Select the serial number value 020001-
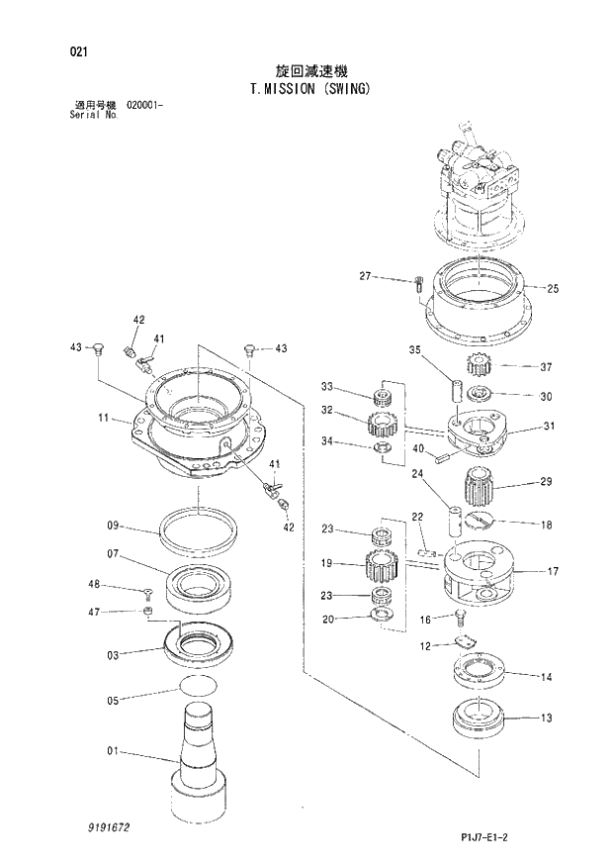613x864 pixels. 145,105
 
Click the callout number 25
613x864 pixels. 553,289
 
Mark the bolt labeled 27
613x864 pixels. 417,283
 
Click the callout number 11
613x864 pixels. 103,419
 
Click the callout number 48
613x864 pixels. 122,584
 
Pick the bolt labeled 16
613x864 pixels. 458,618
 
